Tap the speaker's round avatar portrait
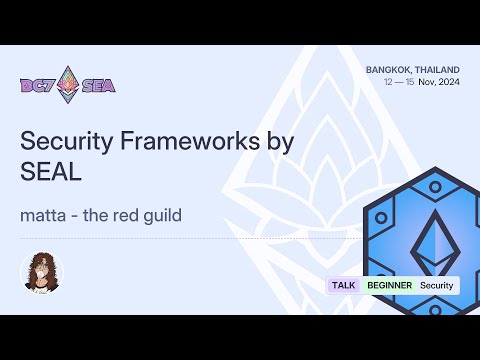41,272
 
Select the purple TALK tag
343,285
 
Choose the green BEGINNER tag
388,285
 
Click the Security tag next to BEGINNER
437,285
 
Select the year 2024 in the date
447,82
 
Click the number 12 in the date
388,82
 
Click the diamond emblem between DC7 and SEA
68,83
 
